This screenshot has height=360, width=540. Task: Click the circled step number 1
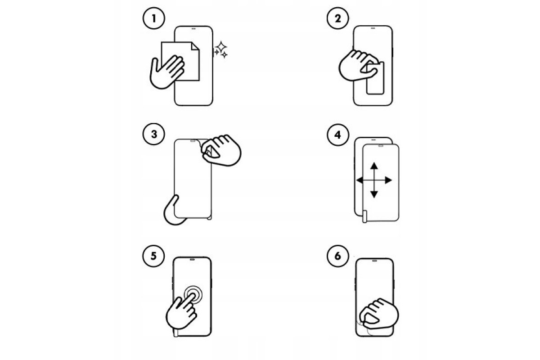[x=154, y=18]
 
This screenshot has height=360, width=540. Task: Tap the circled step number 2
[x=338, y=18]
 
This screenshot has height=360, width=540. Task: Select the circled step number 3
[x=154, y=134]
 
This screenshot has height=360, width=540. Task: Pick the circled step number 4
[x=338, y=135]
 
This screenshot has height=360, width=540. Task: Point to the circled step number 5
[x=153, y=256]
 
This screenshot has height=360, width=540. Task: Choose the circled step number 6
[x=338, y=256]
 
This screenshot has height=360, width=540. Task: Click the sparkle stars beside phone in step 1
[x=221, y=49]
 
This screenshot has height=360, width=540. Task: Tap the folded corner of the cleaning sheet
[x=195, y=46]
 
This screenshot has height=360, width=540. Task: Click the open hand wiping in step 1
[x=167, y=72]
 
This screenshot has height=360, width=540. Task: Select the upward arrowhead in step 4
[x=374, y=166]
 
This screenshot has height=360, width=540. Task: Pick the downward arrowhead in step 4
[x=374, y=194]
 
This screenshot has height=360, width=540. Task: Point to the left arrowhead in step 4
[x=360, y=180]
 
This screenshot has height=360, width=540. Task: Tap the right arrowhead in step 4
[x=388, y=180]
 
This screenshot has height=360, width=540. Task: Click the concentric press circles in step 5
[x=193, y=294]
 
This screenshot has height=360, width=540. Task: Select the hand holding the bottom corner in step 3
[x=173, y=211]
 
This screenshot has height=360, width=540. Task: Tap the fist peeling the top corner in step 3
[x=221, y=150]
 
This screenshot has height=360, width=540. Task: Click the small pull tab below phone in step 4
[x=365, y=216]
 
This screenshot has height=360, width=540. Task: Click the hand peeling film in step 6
[x=379, y=314]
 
